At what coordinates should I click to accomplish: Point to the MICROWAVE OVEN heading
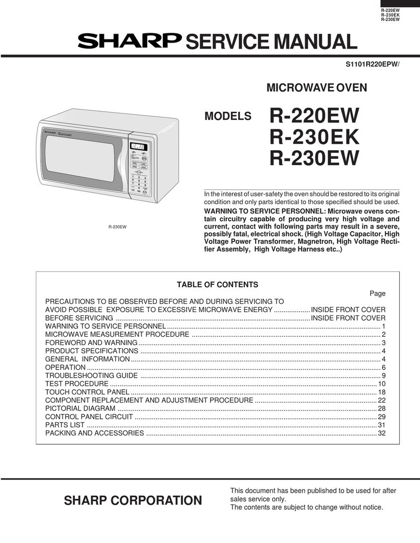pyautogui.click(x=317, y=88)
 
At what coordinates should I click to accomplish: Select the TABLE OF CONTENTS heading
pyautogui.click(x=217, y=284)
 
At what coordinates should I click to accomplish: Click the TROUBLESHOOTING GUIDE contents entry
pyautogui.click(x=91, y=375)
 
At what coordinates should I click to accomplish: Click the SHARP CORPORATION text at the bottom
pyautogui.click(x=133, y=500)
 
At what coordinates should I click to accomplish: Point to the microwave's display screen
pyautogui.click(x=138, y=147)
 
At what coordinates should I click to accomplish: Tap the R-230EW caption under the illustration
pyautogui.click(x=118, y=227)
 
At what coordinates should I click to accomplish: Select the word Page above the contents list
pyautogui.click(x=377, y=293)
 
